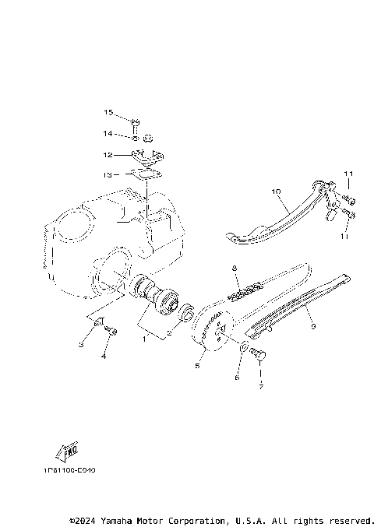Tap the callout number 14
click(x=108, y=134)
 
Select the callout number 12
click(x=108, y=154)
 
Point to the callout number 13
click(x=108, y=174)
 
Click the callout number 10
click(x=253, y=191)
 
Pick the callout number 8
click(x=233, y=268)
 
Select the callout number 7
click(x=259, y=385)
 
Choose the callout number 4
click(x=102, y=357)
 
